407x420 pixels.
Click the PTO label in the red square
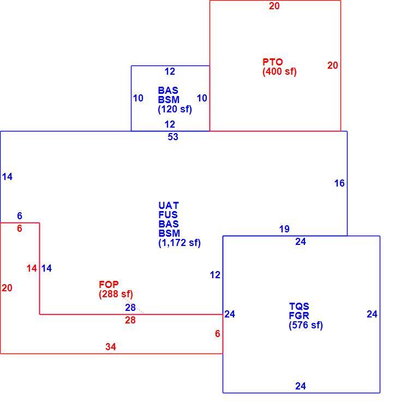click(272, 62)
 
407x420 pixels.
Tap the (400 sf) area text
click(279, 72)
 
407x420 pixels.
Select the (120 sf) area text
click(175, 109)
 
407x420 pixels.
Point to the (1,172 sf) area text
click(179, 243)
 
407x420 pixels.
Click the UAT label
click(169, 206)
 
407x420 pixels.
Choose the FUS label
click(168, 214)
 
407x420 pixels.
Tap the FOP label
click(109, 284)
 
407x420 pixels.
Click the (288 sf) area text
click(116, 294)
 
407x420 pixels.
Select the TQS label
click(299, 306)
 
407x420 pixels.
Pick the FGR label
click(299, 315)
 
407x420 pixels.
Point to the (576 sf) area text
click(306, 325)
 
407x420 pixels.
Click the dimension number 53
click(173, 137)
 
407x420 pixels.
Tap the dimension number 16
click(339, 183)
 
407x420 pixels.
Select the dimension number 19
click(284, 229)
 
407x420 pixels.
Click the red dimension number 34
click(111, 347)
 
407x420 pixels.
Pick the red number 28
click(130, 320)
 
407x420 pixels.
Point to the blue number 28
click(130, 308)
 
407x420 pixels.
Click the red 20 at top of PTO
click(274, 6)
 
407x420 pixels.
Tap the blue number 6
click(20, 215)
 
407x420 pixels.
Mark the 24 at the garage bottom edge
click(301, 386)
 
